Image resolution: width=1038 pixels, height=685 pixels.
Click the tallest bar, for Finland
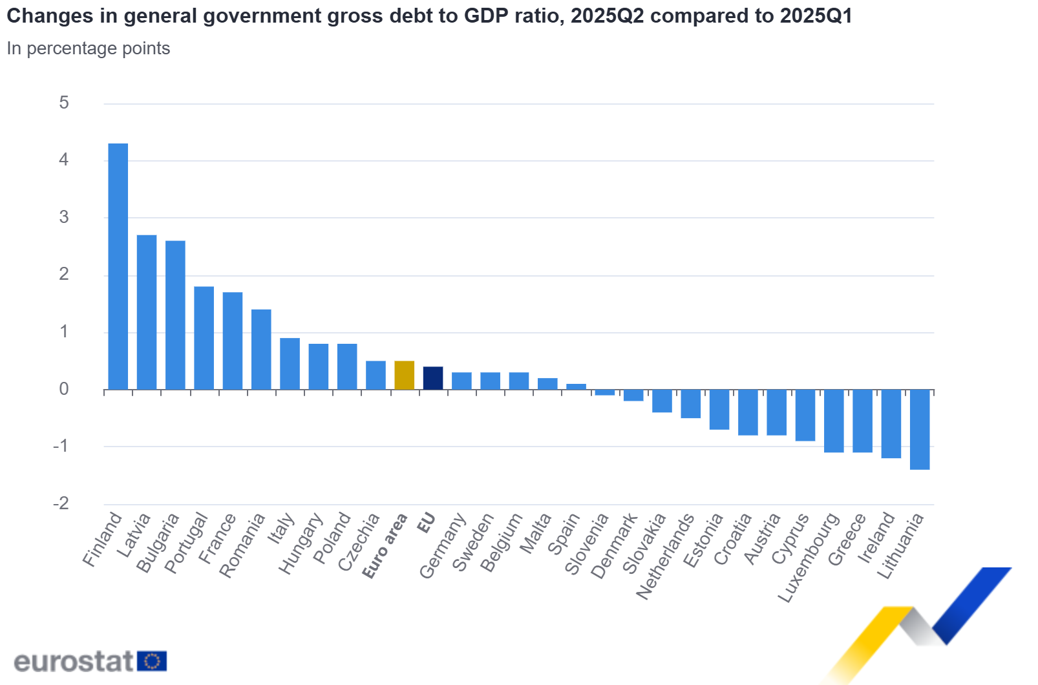click(118, 266)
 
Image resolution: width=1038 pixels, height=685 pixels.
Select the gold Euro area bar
click(404, 375)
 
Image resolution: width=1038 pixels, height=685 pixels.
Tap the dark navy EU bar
click(432, 378)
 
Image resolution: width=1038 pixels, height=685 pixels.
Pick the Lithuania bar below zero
click(919, 429)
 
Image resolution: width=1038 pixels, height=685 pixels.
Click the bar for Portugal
click(204, 337)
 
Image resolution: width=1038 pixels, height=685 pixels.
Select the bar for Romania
click(261, 349)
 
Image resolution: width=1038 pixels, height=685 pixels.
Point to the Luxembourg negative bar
click(834, 421)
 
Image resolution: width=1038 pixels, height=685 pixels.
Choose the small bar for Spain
click(576, 386)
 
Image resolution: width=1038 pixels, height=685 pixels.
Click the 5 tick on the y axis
click(63, 103)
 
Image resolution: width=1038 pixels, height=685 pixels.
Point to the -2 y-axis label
click(61, 503)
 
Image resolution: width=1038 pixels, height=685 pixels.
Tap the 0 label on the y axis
click(63, 389)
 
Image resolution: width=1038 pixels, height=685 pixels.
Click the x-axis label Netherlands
click(665, 556)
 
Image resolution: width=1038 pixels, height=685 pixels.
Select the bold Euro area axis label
click(385, 546)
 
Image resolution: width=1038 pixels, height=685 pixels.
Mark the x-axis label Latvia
click(134, 535)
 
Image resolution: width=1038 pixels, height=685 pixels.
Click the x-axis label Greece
click(847, 540)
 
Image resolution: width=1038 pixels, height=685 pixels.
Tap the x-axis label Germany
click(442, 546)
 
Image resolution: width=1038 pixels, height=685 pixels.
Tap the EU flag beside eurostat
click(152, 662)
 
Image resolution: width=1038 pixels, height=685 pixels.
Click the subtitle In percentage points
click(89, 48)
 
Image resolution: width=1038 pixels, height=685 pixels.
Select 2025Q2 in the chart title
click(607, 16)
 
